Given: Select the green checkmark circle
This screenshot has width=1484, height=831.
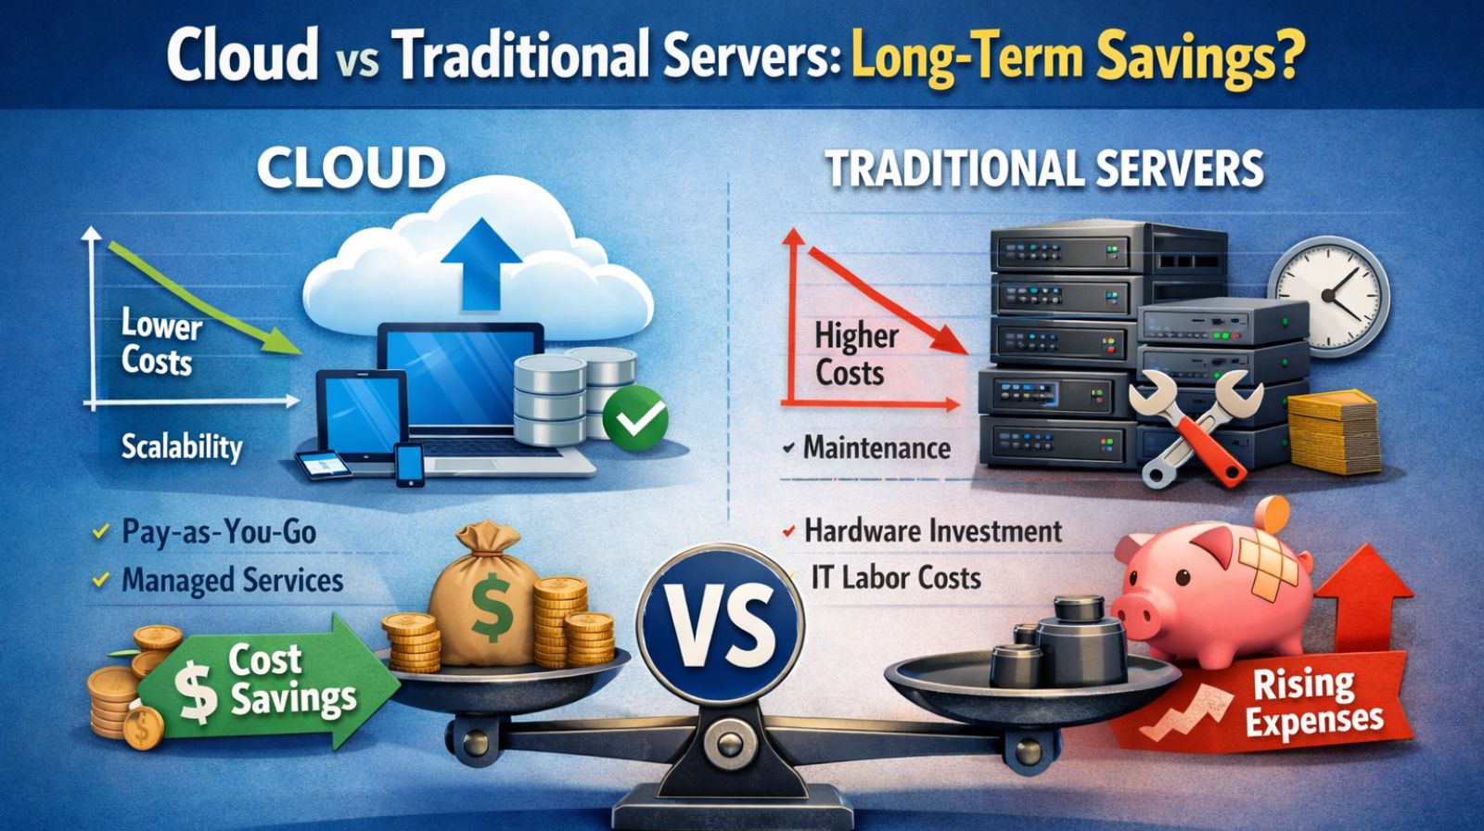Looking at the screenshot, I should (x=635, y=419).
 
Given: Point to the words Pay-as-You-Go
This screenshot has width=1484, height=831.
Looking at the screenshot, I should (x=219, y=532).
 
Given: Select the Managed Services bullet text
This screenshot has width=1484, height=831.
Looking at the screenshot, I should (x=232, y=582).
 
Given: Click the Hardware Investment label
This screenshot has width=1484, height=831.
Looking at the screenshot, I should (x=932, y=531).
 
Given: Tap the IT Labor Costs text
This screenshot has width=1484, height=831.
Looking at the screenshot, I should (x=895, y=578).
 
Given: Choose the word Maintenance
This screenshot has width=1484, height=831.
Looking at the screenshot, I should (x=876, y=449).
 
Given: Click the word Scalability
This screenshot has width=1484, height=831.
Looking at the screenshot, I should (x=182, y=448).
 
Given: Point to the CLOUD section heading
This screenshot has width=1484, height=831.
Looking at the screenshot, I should (x=352, y=169).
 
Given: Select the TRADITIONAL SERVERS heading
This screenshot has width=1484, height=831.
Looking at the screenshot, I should (x=1044, y=170).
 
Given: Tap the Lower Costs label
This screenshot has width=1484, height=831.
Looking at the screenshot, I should (x=160, y=343).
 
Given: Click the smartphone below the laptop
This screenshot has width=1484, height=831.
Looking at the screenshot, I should (x=409, y=465).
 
